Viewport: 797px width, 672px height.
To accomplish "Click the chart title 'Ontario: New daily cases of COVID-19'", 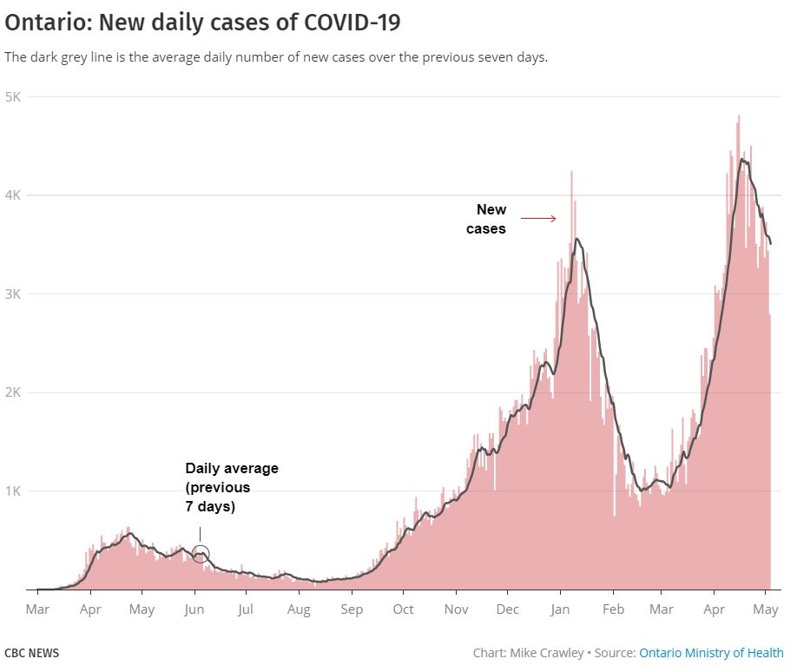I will coord(203,23).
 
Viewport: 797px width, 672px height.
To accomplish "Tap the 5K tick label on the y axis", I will coord(13,96).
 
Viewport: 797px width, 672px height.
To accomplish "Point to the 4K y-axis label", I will coord(13,195).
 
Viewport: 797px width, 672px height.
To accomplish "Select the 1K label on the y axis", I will coord(13,491).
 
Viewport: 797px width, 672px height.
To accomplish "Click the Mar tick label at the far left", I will coord(37,609).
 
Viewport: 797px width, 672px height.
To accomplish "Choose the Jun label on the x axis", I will coord(194,609).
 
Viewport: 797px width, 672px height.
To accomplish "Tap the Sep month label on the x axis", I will coord(352,609).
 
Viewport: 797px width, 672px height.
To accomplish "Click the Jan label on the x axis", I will coord(561,609).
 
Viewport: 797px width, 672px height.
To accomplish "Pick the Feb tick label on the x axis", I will coord(614,609).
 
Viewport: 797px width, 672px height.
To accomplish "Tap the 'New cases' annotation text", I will coord(488,219).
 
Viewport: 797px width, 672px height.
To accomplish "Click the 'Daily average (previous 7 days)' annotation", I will coord(231,487).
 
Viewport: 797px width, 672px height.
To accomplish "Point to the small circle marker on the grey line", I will coord(200,554).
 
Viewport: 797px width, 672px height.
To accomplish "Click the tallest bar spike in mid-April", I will coord(739,118).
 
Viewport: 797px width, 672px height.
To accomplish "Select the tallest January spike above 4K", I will coord(571,174).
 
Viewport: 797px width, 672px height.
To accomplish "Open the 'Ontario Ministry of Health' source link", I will coord(711,653).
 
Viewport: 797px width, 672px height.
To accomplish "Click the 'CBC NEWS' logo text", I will coord(32,653).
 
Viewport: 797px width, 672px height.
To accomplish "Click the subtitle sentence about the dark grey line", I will coord(276,57).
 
